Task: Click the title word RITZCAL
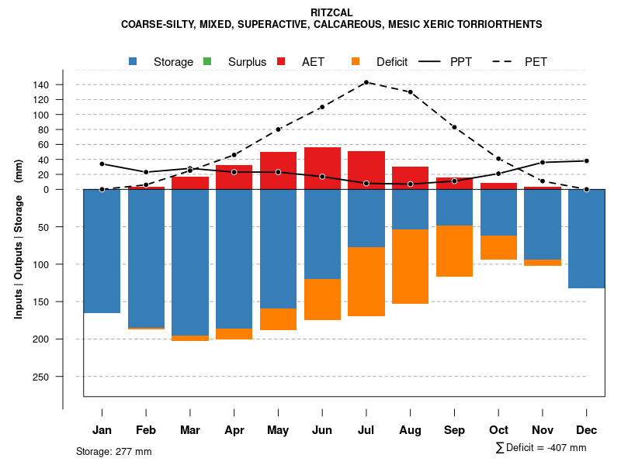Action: (x=331, y=12)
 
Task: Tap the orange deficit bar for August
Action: (x=411, y=266)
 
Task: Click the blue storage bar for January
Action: (x=102, y=251)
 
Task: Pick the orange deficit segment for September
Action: (x=455, y=251)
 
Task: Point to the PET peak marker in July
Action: (x=366, y=82)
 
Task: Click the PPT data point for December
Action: (x=587, y=161)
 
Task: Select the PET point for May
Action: (x=278, y=129)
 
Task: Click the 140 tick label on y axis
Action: (x=63, y=84)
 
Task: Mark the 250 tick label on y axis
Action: (x=63, y=377)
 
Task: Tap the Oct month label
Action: (x=498, y=430)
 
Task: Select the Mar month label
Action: (x=190, y=430)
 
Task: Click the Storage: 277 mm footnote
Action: (x=114, y=451)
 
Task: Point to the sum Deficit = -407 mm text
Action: (x=541, y=448)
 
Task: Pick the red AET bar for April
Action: (x=234, y=177)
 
